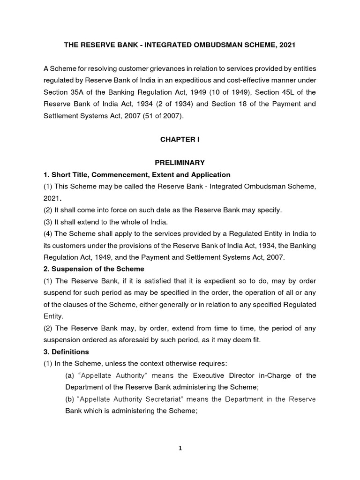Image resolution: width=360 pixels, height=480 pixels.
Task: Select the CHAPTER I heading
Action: [180, 139]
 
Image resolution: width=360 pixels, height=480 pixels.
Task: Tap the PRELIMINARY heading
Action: [180, 163]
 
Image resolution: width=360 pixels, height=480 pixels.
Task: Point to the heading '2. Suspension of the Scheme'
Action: [94, 269]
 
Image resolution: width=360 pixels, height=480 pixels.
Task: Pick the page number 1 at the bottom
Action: [180, 448]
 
